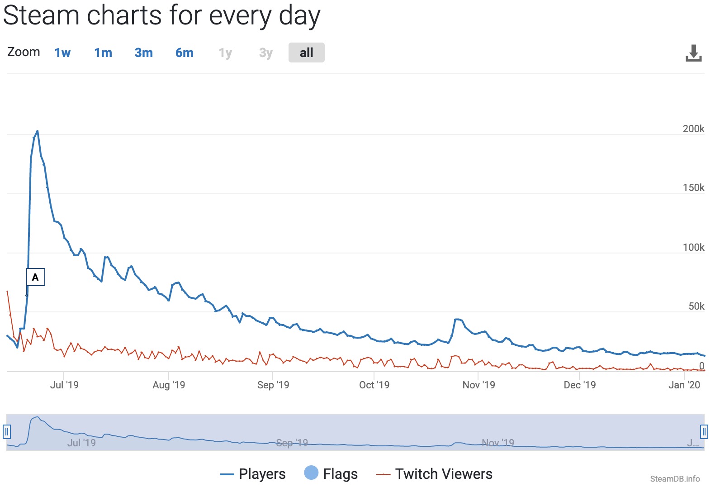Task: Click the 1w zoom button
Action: [62, 53]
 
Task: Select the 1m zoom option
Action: [103, 53]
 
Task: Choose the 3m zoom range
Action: [144, 53]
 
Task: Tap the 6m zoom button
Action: [185, 53]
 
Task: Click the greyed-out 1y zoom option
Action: [225, 53]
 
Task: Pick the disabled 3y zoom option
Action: [266, 53]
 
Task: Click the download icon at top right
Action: [693, 53]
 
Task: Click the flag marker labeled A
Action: [35, 277]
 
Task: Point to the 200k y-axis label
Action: [693, 129]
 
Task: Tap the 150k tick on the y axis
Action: [693, 188]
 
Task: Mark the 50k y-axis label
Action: [696, 306]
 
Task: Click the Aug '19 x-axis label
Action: [169, 385]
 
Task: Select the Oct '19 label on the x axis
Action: [374, 385]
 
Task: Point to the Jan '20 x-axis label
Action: [684, 385]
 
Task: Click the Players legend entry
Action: [253, 474]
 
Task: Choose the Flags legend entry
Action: [331, 474]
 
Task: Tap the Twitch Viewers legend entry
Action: [435, 474]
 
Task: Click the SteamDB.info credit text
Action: [675, 479]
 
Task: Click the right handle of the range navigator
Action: [704, 432]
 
